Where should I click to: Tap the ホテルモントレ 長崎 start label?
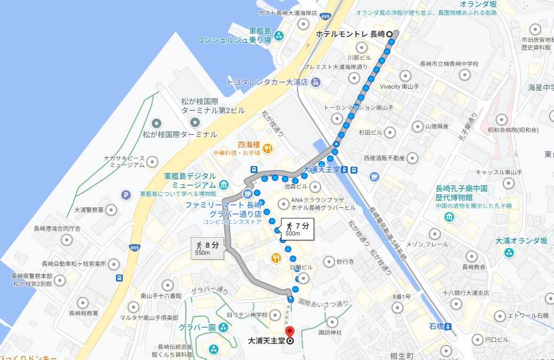click(350, 34)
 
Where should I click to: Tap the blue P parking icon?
click(126, 195)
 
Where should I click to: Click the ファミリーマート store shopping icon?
click(247, 193)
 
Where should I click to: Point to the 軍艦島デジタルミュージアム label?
click(190, 180)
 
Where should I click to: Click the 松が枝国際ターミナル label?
click(180, 135)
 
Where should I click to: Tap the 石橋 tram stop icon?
click(448, 326)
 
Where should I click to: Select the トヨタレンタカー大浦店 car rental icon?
click(316, 82)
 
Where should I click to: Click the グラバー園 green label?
click(197, 327)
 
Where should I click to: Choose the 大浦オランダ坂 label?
click(521, 241)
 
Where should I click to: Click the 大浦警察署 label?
click(88, 210)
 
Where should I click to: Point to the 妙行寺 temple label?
click(346, 262)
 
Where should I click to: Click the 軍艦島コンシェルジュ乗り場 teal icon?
click(279, 36)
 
